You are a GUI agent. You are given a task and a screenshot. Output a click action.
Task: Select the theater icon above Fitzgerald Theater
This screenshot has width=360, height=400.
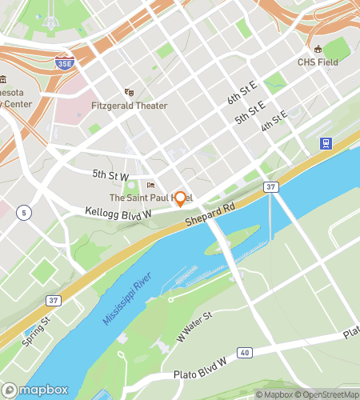(128, 92)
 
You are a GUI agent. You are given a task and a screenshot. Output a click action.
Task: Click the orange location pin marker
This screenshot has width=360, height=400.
(181, 198)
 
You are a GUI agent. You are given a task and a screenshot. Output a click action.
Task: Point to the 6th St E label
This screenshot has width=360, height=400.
(242, 98)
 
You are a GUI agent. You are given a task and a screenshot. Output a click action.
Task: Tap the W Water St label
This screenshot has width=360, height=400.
(194, 326)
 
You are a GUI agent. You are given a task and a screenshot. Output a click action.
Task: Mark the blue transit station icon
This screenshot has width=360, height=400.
(326, 144)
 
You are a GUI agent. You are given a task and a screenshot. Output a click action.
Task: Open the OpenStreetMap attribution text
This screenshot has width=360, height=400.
(328, 394)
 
